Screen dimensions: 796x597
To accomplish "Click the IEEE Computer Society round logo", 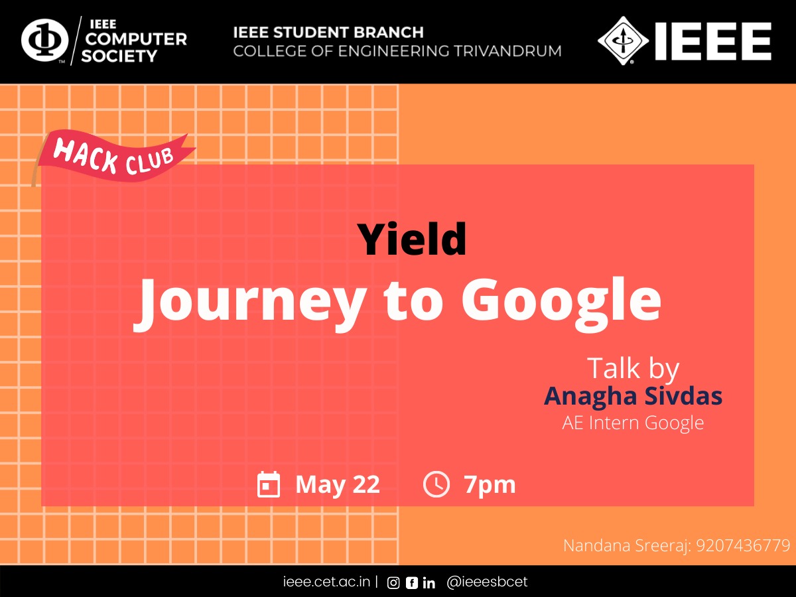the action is click(44, 40).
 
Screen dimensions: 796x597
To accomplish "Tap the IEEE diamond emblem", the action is click(623, 40).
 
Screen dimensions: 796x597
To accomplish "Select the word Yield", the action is click(412, 239).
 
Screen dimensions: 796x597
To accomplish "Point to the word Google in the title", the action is click(561, 304).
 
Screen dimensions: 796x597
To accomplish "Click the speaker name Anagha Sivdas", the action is click(633, 396).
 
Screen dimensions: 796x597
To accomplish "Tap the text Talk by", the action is click(633, 369).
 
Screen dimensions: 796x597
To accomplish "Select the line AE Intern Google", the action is click(633, 423).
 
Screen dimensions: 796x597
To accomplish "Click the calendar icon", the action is click(269, 484).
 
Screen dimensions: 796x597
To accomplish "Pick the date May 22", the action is click(338, 485).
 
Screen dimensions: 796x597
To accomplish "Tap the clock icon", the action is click(436, 484).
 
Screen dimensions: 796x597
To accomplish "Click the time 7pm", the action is click(490, 486).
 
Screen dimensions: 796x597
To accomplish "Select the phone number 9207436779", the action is click(743, 545).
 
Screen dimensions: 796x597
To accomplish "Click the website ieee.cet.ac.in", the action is click(326, 582).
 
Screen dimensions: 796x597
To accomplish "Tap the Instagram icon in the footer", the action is click(393, 583).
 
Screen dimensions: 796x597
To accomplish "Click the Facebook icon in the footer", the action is click(412, 583).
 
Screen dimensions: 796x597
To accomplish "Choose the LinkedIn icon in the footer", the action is click(429, 583).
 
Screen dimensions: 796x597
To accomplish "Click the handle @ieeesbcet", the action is click(487, 582).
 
